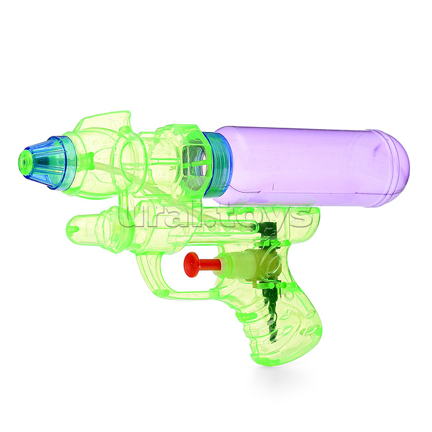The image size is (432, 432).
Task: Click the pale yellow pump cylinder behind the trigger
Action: click(236, 261)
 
